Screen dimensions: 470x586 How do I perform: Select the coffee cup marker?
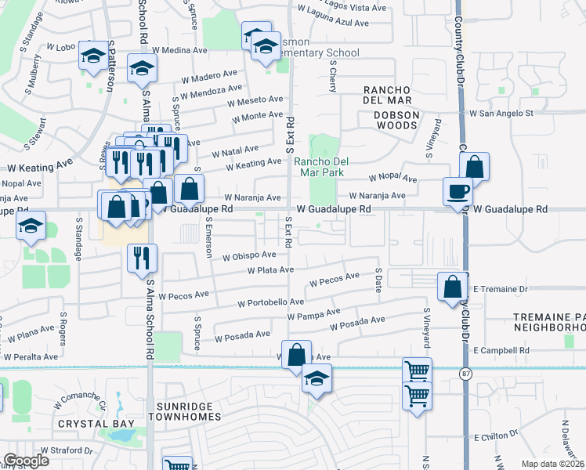(458, 190)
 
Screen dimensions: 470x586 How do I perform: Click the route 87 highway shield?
(465, 374)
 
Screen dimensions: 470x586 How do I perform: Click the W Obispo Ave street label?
(249, 255)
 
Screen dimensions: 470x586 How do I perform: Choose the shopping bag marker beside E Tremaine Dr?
(454, 287)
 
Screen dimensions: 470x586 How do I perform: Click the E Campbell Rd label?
(501, 350)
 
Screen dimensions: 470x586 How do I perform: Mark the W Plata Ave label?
(270, 270)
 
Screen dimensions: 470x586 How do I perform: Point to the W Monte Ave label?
(255, 116)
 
